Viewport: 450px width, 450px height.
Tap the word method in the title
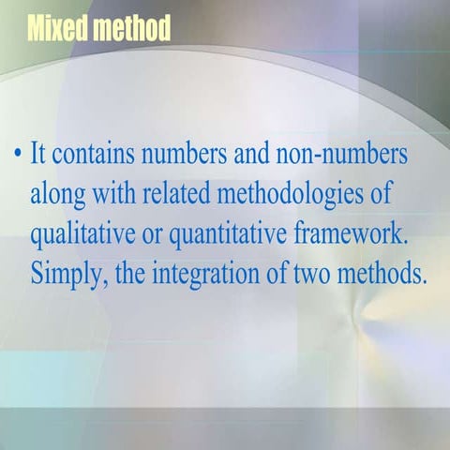132,27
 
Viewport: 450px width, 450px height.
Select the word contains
93,154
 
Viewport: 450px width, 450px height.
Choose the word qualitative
82,236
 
